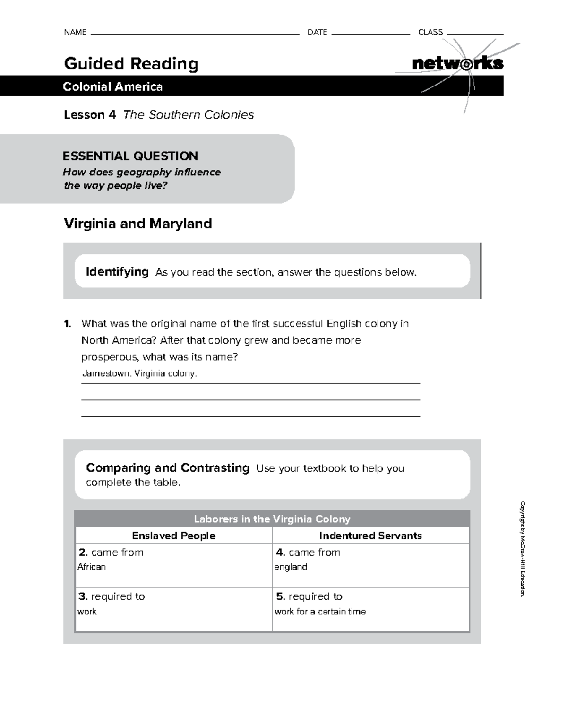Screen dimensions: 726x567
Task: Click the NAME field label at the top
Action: (x=75, y=32)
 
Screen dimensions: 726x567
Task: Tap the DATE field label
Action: (x=317, y=32)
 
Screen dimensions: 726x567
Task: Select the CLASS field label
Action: (x=430, y=32)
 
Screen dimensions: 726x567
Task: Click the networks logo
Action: (x=457, y=63)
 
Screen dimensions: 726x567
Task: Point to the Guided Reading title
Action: (x=131, y=63)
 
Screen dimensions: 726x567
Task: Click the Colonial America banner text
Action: (x=113, y=86)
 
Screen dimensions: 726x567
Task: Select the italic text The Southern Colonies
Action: (x=189, y=115)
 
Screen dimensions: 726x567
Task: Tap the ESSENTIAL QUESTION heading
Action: (x=130, y=156)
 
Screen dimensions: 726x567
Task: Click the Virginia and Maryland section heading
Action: (x=137, y=224)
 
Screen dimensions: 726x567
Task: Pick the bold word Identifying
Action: (x=117, y=272)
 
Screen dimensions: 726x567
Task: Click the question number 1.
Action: (x=68, y=324)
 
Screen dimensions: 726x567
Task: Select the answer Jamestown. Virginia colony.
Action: (x=139, y=373)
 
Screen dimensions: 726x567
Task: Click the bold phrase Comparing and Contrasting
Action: (x=167, y=468)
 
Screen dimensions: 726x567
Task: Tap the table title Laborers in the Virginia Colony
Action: (x=272, y=519)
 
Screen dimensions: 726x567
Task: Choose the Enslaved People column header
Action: (x=173, y=536)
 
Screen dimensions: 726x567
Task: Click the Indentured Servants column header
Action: (x=370, y=536)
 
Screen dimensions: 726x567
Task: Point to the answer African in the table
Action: (x=92, y=567)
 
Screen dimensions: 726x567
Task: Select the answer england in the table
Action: (x=291, y=567)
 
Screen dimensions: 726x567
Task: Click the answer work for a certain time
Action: (x=320, y=612)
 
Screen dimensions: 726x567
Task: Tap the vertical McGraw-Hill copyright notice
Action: (x=522, y=548)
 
